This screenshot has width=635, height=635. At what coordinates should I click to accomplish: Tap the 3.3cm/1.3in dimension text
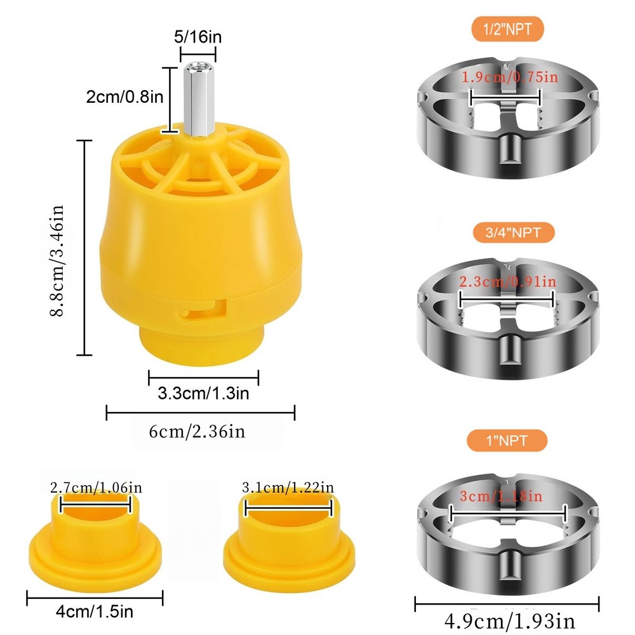tap(203, 394)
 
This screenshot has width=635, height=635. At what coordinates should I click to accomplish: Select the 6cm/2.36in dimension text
tap(197, 432)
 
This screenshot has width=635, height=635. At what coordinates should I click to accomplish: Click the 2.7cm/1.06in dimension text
tap(95, 488)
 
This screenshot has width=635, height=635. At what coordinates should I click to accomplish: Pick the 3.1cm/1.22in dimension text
tap(288, 488)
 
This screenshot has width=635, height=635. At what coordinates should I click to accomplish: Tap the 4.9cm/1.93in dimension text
tap(508, 618)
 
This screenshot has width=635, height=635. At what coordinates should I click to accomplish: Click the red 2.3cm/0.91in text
tap(508, 281)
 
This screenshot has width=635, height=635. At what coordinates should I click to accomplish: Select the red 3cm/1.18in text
tap(505, 496)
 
